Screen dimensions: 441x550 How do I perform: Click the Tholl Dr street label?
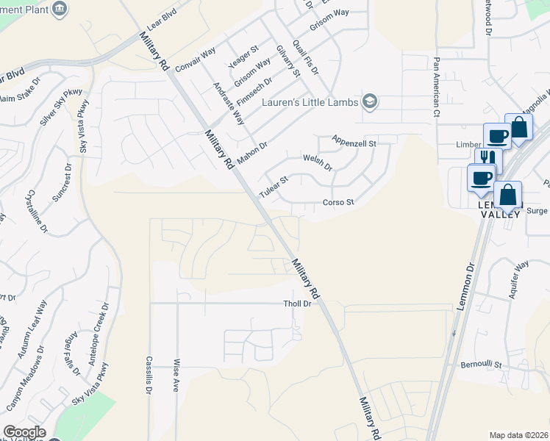coord(298,304)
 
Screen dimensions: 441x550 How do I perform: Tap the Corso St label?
coord(338,202)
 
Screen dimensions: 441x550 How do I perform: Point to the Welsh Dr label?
coord(318,162)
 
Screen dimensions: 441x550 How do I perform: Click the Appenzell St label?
coord(354,140)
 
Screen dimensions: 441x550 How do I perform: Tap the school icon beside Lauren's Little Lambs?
coord(371,101)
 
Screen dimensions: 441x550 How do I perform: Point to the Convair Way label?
coord(195,58)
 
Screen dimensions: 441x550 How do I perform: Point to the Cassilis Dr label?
coord(149,374)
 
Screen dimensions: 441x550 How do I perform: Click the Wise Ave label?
coord(176,376)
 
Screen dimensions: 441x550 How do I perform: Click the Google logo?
coord(24,432)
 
